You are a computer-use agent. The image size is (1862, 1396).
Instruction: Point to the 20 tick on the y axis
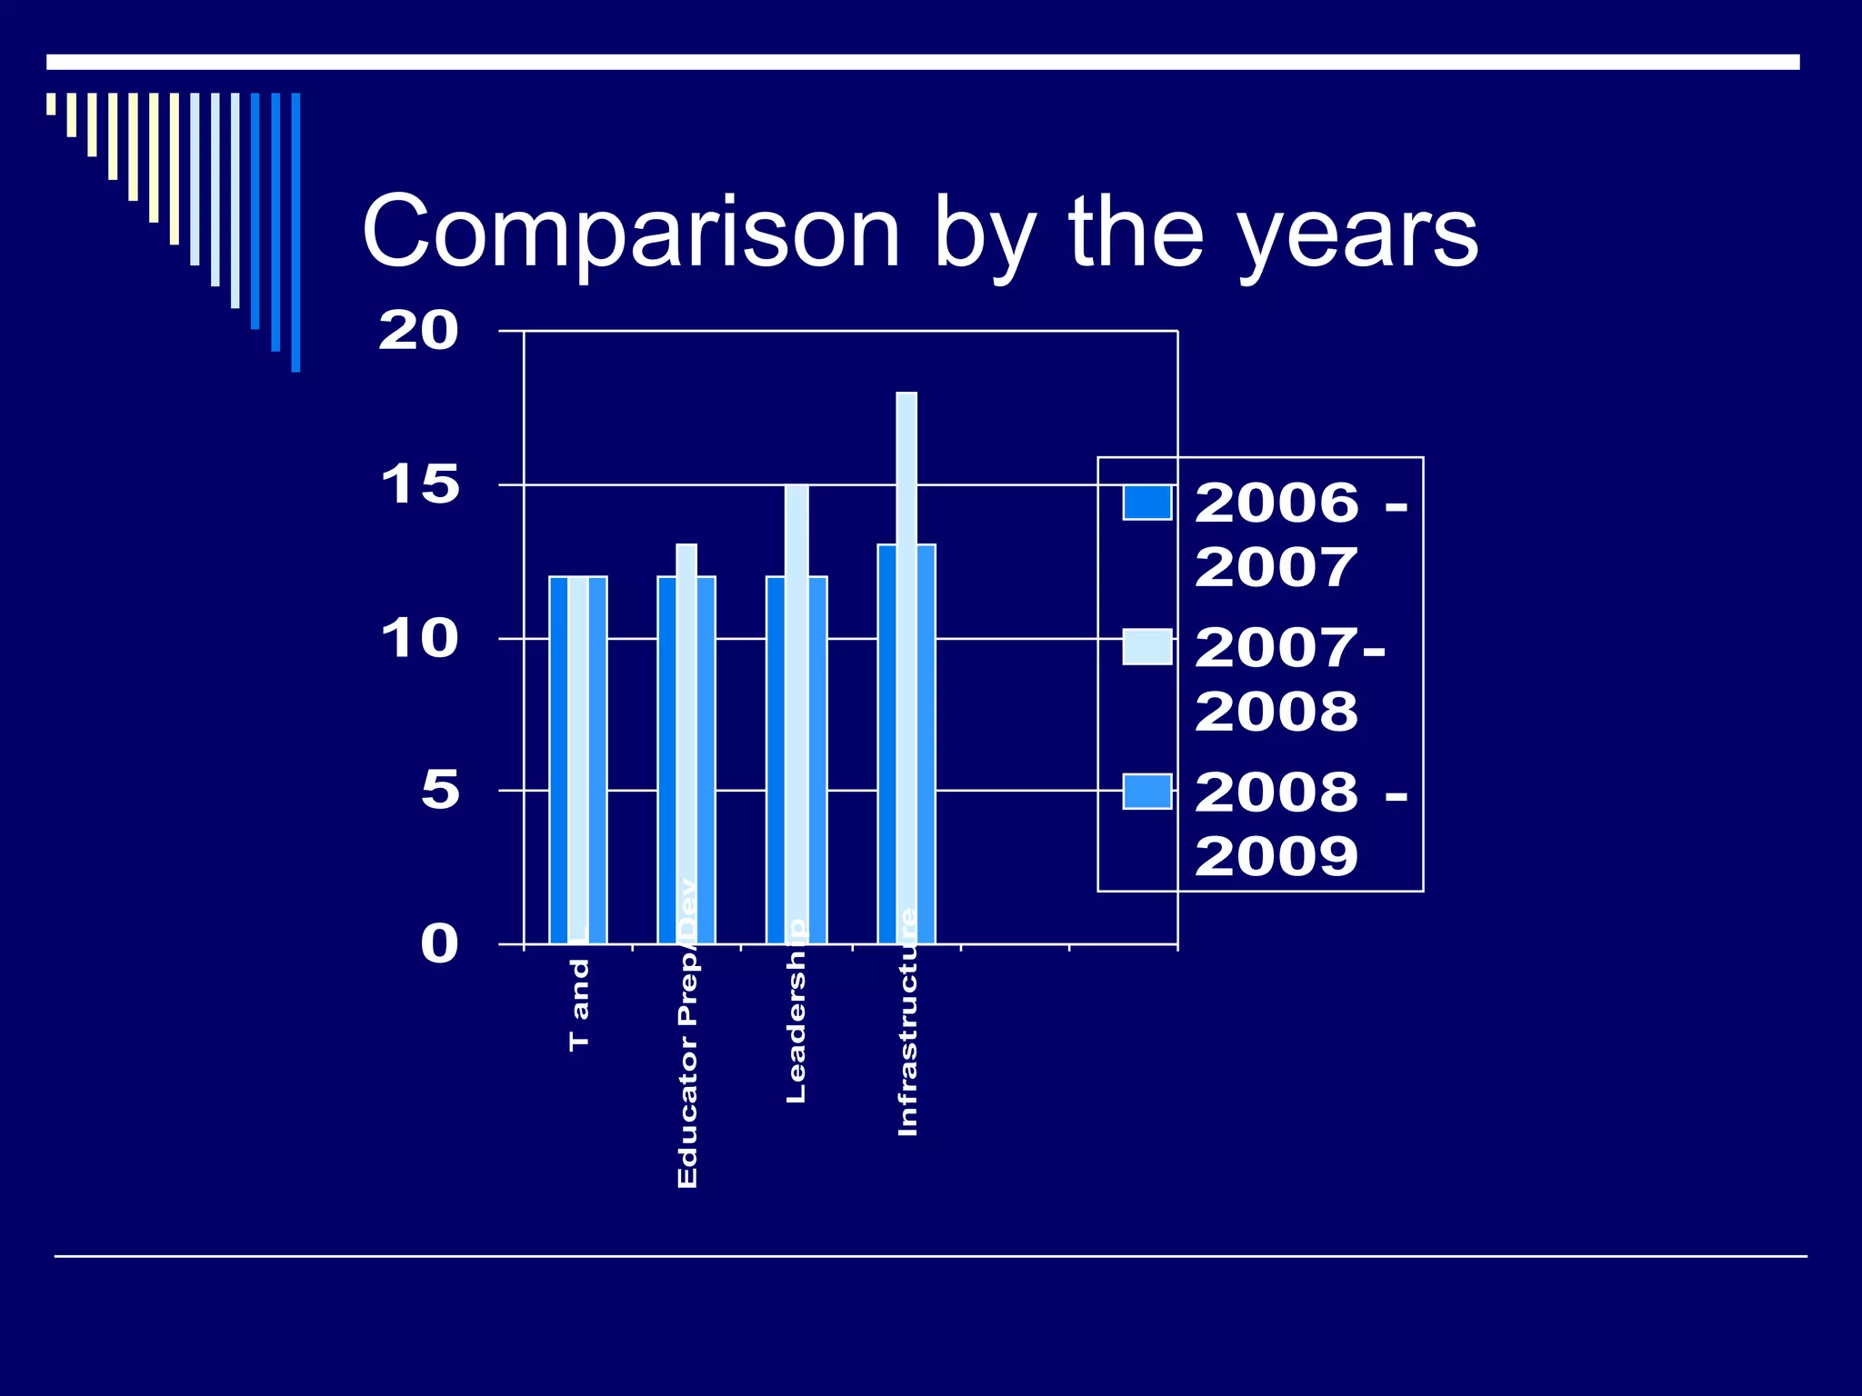point(418,331)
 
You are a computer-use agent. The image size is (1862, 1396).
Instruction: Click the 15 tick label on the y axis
point(420,484)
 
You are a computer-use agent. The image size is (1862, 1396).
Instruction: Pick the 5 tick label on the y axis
point(440,790)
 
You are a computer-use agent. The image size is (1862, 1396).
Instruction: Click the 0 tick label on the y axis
point(439,943)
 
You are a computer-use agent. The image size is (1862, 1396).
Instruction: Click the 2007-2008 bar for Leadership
point(796,709)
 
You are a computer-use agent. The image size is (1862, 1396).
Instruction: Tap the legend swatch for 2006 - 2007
point(1146,503)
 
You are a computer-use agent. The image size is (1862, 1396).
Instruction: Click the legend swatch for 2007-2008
point(1146,646)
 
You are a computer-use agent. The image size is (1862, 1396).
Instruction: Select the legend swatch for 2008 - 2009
point(1146,791)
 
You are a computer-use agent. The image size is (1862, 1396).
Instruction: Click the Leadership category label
point(796,1013)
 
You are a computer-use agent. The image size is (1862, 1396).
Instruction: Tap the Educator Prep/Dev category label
point(687,1036)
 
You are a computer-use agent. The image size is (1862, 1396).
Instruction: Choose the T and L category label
point(579,1000)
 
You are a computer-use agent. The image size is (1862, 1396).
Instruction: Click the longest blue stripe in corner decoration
point(295,232)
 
